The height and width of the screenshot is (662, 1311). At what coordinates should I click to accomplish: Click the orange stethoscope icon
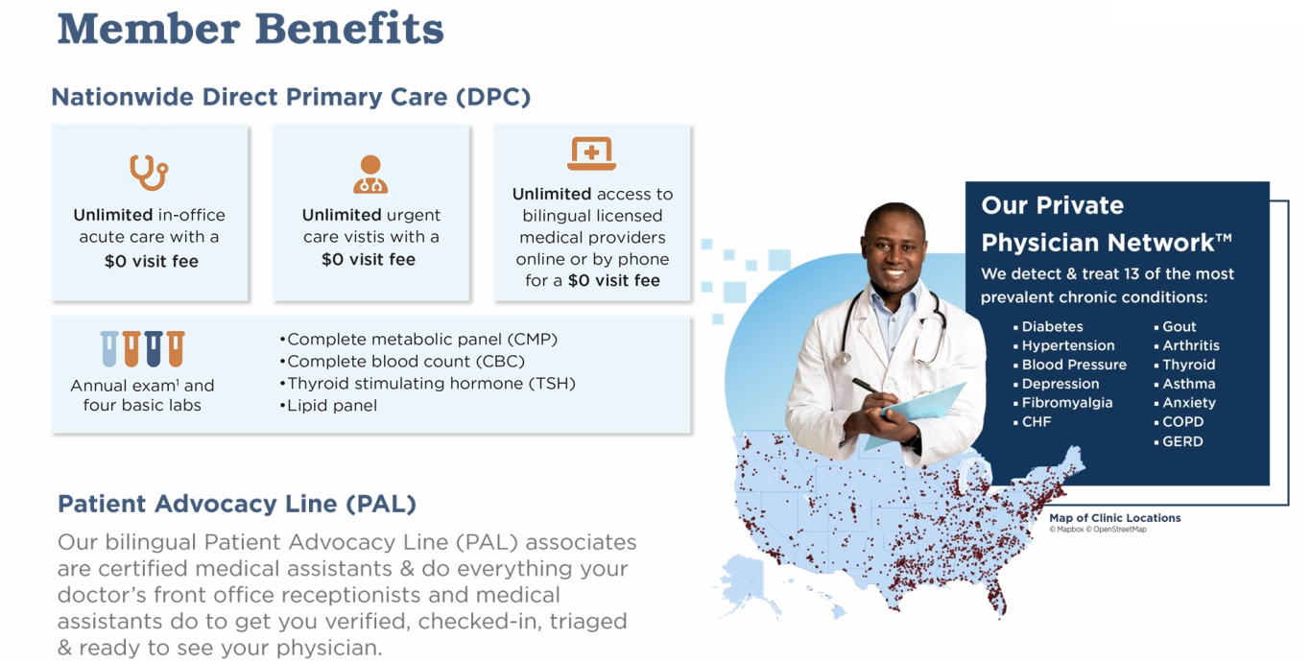(x=149, y=173)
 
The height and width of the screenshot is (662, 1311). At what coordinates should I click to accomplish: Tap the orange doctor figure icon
(x=370, y=175)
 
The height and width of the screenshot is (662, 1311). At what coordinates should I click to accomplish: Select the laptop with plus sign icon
(x=592, y=154)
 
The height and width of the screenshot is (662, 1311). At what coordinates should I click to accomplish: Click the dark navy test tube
(x=154, y=349)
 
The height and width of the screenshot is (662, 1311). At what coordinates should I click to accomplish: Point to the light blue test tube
(x=108, y=349)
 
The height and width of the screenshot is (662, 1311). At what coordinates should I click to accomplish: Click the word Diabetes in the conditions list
(x=1052, y=326)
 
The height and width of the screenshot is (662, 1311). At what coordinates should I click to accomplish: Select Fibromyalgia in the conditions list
(x=1067, y=403)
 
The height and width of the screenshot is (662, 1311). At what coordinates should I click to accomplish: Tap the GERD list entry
(x=1182, y=441)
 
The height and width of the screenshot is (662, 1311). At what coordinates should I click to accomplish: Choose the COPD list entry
(x=1182, y=422)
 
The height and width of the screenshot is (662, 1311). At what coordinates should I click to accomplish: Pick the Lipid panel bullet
(x=329, y=405)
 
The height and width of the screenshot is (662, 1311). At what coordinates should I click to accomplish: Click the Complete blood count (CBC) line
(x=403, y=361)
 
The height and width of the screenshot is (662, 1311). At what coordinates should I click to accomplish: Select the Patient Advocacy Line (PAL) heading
(x=237, y=504)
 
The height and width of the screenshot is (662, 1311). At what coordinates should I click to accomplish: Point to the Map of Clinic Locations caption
(x=1115, y=518)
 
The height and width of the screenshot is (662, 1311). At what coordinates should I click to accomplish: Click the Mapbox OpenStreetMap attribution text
(x=1097, y=530)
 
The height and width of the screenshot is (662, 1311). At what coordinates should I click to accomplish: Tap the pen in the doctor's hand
(x=868, y=387)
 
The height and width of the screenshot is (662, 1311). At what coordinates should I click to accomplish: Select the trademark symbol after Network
(x=1224, y=238)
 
